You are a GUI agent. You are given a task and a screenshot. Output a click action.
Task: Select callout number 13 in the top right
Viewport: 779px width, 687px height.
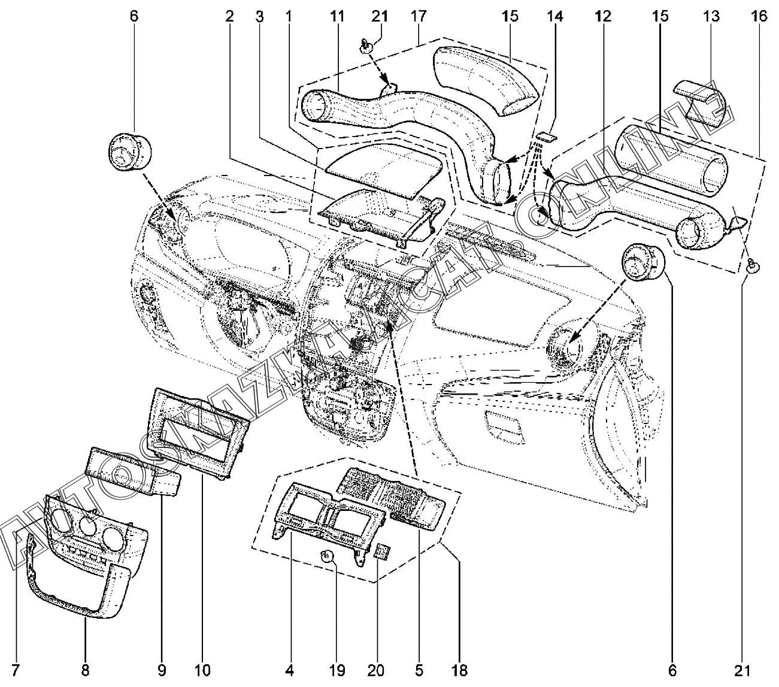[711, 16]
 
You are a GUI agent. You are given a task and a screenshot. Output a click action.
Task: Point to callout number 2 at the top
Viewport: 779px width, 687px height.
[229, 16]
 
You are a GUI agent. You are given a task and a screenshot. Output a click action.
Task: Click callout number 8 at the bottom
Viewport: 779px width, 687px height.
[85, 670]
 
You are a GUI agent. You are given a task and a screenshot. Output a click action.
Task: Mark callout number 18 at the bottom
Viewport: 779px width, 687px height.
[460, 670]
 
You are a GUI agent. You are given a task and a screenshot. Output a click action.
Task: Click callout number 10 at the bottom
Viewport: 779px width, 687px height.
[202, 670]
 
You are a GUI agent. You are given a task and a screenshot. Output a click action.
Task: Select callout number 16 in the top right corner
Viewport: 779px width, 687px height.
[759, 16]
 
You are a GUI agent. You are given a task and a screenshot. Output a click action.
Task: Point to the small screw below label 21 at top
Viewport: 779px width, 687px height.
[367, 46]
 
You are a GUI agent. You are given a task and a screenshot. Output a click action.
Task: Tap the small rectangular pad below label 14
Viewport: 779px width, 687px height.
[544, 137]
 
